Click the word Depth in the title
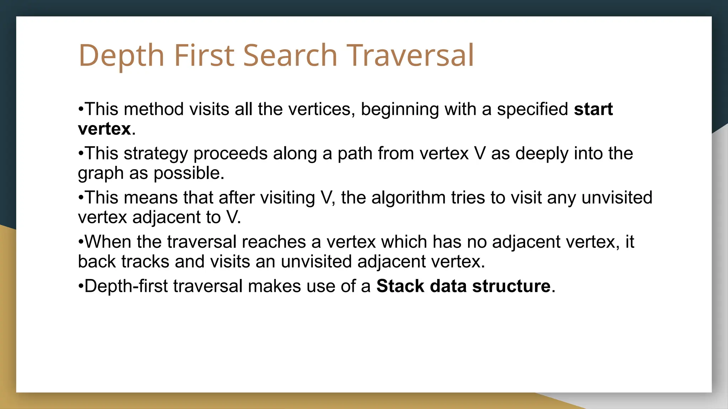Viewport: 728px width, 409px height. tap(121, 55)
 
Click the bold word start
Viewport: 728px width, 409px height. tap(593, 109)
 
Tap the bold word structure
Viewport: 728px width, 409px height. tap(511, 286)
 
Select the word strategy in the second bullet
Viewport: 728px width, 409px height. tap(155, 154)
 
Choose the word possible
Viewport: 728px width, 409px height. tap(188, 173)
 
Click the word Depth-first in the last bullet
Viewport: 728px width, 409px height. tap(126, 286)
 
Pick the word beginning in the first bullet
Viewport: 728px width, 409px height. tap(400, 109)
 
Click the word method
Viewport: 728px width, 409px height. tap(154, 109)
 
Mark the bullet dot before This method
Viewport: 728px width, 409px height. tap(81, 109)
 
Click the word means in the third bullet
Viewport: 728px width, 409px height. tap(150, 198)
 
